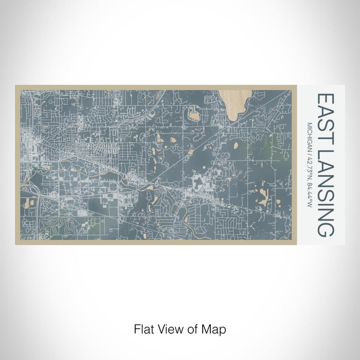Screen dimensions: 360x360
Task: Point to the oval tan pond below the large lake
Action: coord(236,146)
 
